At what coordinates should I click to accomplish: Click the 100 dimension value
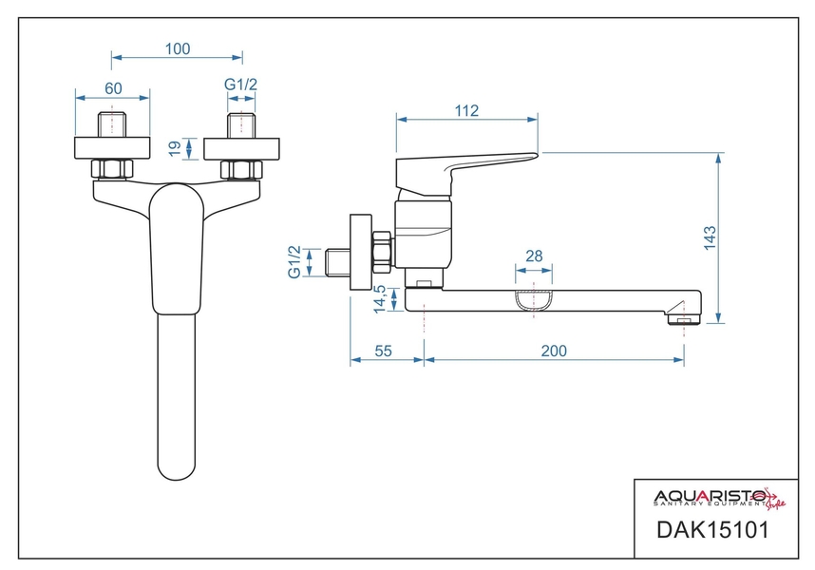178,48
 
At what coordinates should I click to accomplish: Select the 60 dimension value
113,88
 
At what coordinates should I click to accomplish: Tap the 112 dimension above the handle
466,110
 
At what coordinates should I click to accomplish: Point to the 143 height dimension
710,238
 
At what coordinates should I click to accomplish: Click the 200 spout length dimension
554,351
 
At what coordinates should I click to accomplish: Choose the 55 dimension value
383,351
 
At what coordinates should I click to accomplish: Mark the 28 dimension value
534,256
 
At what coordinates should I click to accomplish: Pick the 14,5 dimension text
380,298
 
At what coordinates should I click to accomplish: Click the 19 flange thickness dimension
175,148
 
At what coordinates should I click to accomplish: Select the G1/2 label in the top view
240,85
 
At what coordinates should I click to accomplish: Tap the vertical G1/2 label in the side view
294,262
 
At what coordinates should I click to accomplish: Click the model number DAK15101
712,530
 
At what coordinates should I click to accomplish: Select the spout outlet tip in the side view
684,317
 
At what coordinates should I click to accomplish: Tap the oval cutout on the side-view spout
534,299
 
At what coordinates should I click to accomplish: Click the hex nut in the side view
383,252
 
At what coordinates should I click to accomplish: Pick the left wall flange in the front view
112,148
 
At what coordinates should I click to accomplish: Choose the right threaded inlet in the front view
241,124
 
